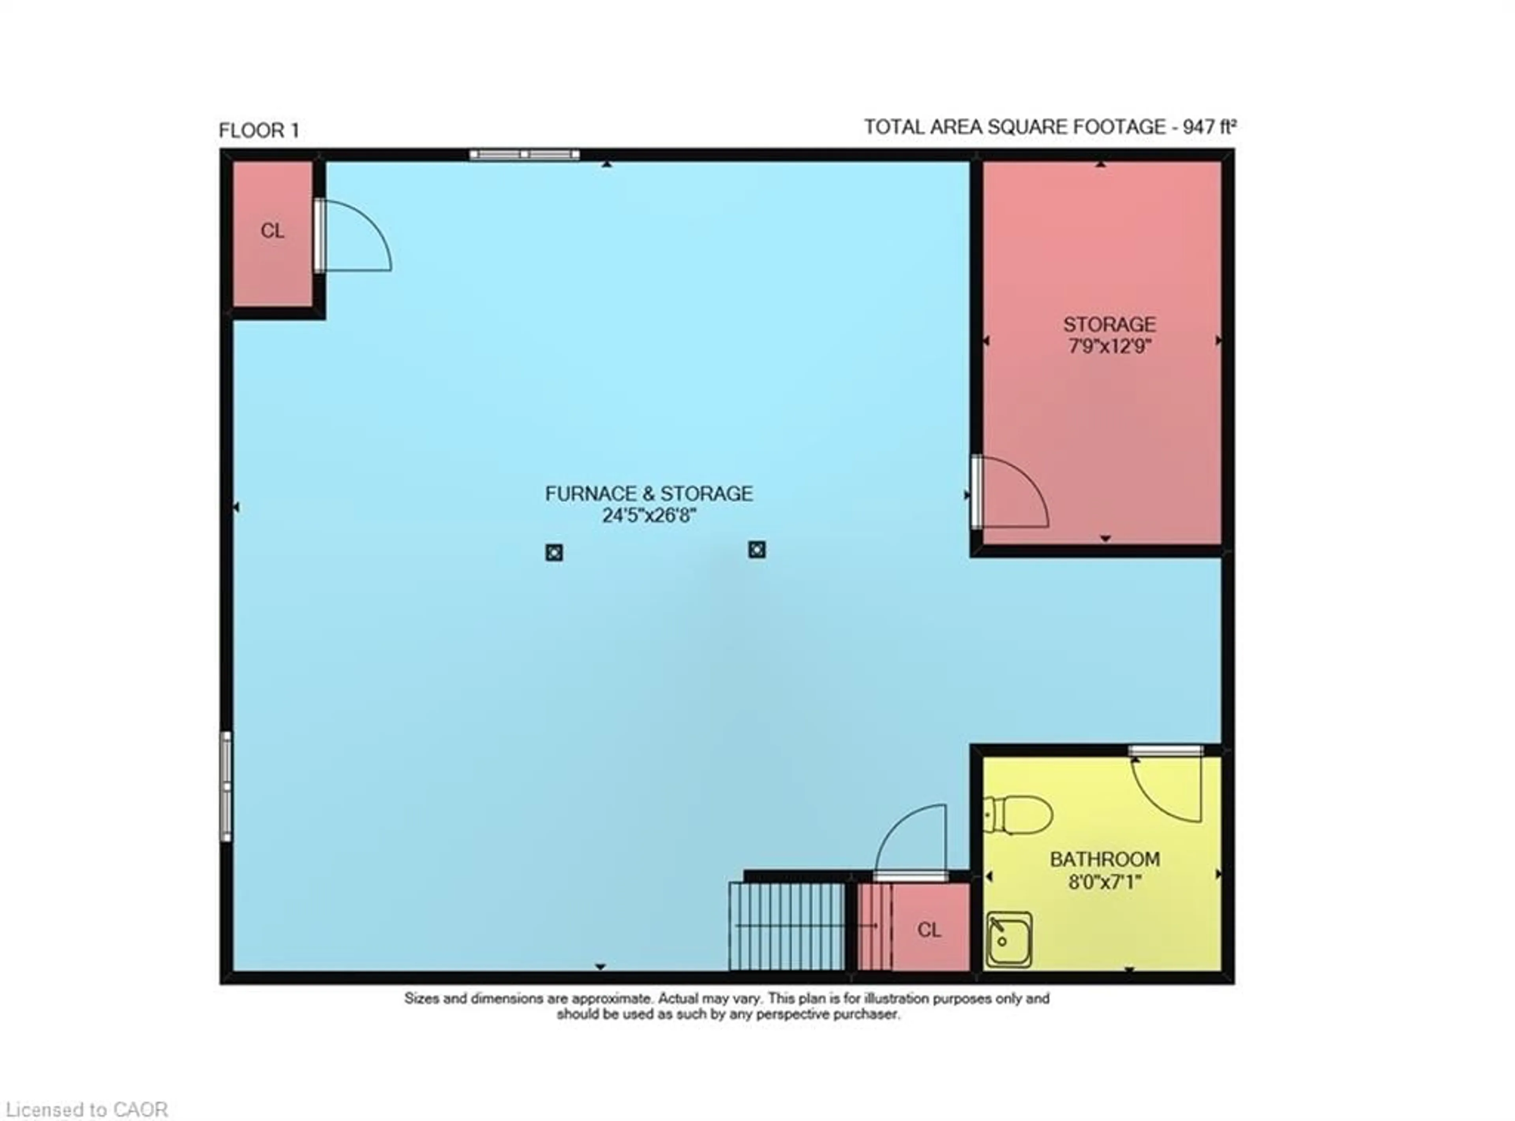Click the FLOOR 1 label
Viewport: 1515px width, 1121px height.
tap(258, 130)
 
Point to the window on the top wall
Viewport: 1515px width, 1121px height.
tap(524, 155)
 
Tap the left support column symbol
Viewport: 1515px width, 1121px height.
tap(554, 552)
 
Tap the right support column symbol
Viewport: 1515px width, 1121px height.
tap(757, 550)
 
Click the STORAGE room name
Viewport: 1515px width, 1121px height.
tap(1109, 325)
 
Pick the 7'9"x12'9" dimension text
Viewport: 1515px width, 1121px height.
tap(1109, 347)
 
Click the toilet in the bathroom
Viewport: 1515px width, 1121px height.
tap(1018, 814)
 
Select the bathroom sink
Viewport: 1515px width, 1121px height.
tap(1009, 939)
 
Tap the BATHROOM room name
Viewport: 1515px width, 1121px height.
tap(1104, 859)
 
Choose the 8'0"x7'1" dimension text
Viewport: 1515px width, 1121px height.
tap(1104, 882)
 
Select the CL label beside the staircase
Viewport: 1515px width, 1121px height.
tap(929, 930)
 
